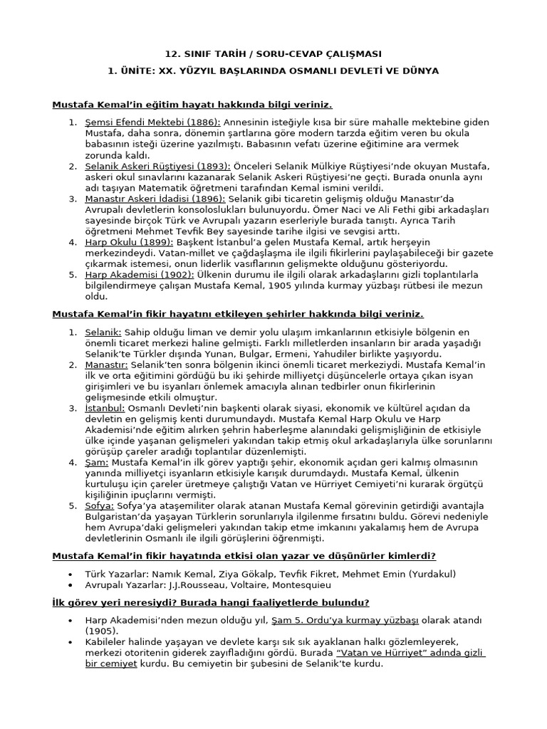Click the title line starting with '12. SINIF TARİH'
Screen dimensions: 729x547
point(273,54)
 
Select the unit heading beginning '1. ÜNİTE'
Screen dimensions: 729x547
point(273,71)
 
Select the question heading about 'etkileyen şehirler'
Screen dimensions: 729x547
point(238,314)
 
